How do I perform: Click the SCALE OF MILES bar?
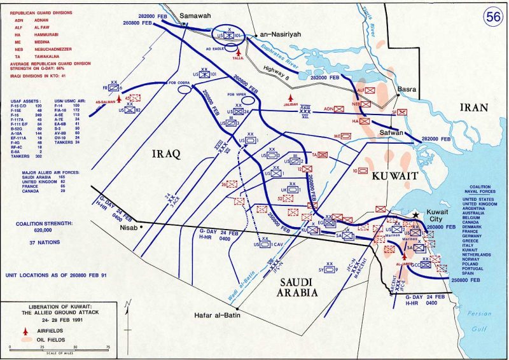[x=61, y=349]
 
